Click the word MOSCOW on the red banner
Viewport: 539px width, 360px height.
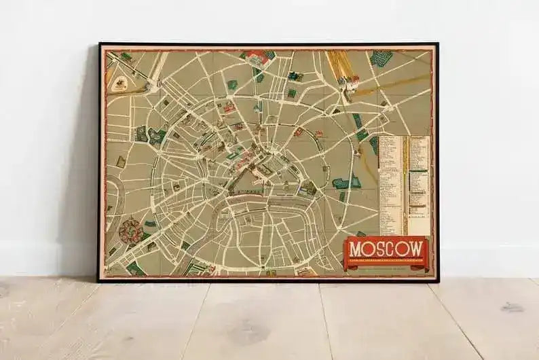point(386,249)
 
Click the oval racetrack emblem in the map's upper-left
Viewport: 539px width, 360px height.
point(120,84)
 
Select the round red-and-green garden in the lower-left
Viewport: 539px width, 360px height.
point(130,231)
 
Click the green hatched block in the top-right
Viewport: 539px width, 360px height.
point(382,58)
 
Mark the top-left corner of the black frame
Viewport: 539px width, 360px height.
point(99,44)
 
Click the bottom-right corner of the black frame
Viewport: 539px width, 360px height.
point(438,281)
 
